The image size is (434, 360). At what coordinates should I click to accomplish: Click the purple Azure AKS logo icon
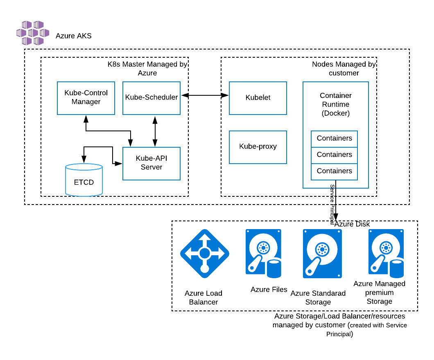pos(32,33)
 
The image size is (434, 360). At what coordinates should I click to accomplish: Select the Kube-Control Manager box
pos(86,98)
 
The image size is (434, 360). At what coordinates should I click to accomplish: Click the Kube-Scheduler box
pos(151,98)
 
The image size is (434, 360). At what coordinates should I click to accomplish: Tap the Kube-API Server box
pos(151,163)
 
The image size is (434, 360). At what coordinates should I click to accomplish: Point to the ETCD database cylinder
pos(84,180)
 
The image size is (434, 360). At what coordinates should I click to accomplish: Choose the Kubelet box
pos(258,98)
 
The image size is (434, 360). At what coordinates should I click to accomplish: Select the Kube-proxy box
pos(258,146)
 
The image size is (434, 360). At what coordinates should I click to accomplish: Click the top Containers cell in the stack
pos(334,139)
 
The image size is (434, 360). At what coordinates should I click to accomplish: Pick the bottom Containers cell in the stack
pos(334,171)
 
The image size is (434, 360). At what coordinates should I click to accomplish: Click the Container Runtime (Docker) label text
pos(336,104)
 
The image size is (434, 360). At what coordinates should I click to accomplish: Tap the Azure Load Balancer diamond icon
pos(205,254)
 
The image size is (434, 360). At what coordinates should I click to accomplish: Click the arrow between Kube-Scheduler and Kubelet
pos(205,95)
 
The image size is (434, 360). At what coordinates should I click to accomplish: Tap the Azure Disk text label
pos(352,224)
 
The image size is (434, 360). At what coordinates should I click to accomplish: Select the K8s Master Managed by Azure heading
pos(147,68)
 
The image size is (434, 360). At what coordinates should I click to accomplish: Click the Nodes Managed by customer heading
pos(344,68)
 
